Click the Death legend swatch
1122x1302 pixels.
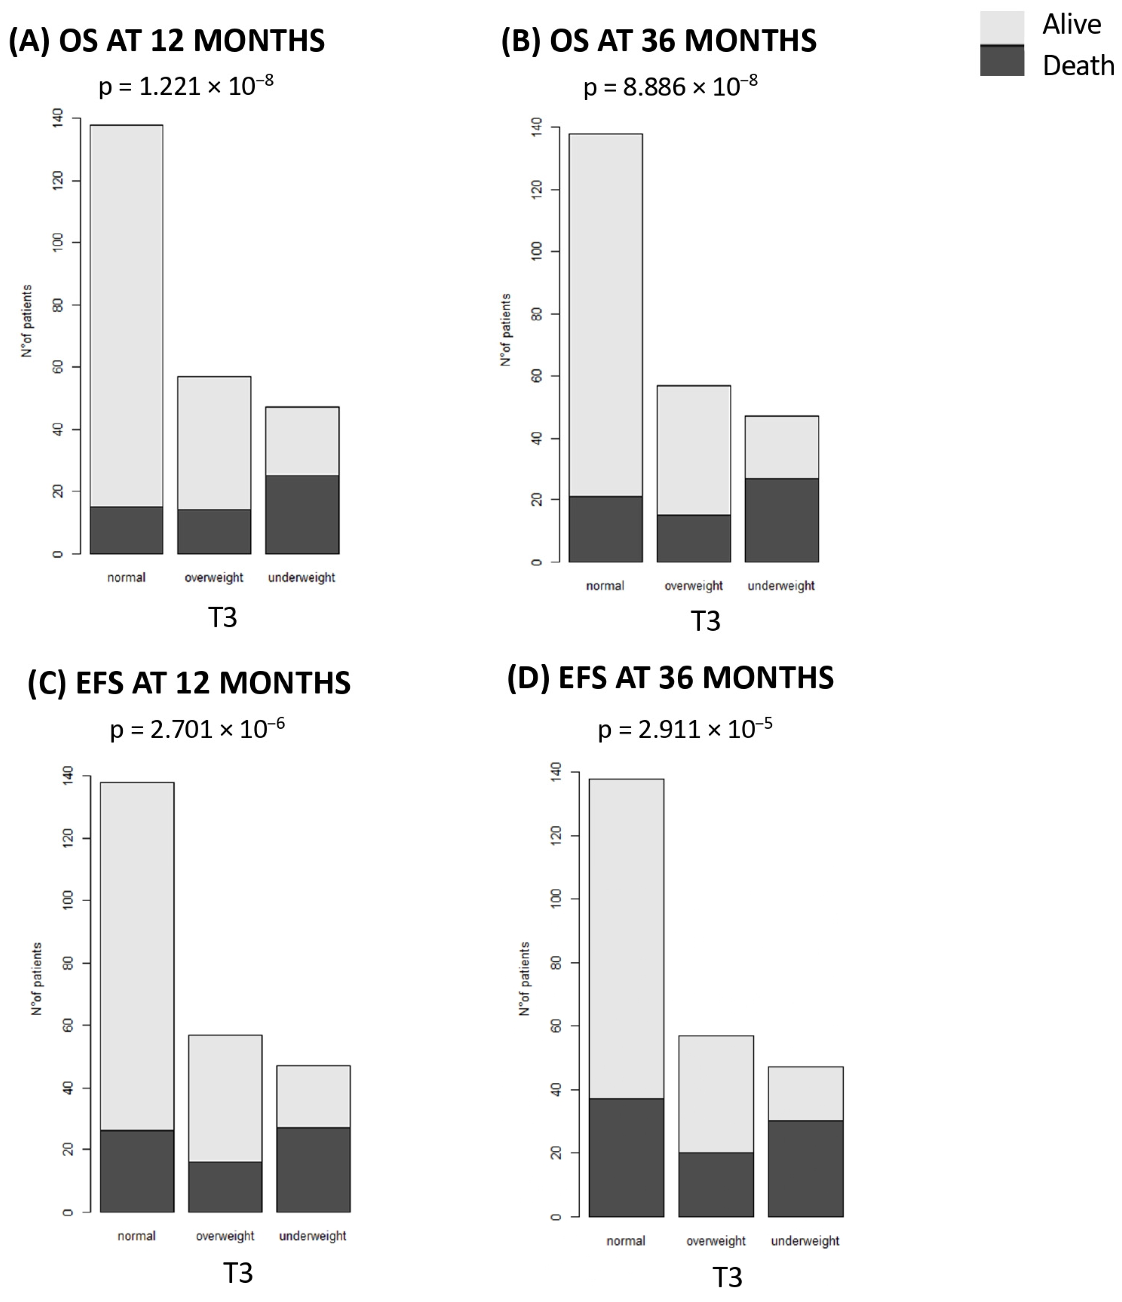[1001, 62]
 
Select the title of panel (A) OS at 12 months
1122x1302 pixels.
[167, 41]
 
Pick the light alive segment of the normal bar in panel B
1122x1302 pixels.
[605, 314]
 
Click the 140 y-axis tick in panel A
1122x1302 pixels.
[58, 118]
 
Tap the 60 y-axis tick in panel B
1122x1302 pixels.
[537, 376]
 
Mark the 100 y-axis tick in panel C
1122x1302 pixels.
[68, 900]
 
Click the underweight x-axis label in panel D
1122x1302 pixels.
[805, 1241]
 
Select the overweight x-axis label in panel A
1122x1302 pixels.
[214, 577]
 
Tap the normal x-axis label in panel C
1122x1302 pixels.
[137, 1236]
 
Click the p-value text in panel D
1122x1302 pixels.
[685, 729]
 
